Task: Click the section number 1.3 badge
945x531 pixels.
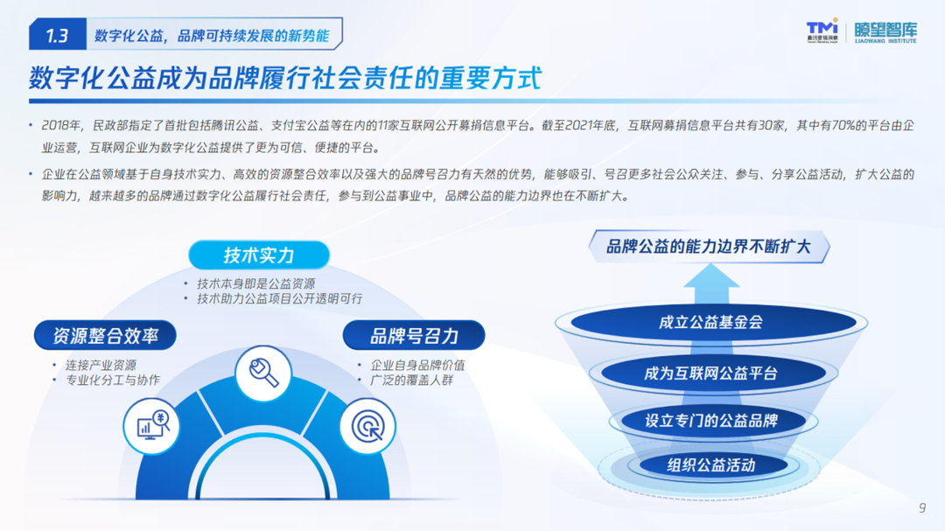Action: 57,34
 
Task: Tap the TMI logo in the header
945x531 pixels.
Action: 822,30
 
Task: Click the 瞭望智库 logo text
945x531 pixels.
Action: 885,32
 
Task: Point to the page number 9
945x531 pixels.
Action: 922,508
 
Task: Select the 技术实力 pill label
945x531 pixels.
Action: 259,255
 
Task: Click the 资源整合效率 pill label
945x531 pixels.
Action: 106,335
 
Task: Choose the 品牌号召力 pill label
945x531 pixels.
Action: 414,335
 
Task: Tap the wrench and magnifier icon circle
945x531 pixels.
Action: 263,374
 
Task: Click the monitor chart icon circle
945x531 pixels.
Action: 151,426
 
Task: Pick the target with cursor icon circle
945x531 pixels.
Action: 367,426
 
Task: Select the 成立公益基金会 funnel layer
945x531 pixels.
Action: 711,322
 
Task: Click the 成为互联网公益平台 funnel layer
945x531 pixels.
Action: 711,373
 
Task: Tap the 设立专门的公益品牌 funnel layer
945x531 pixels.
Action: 711,420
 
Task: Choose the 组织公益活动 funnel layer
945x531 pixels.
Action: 711,465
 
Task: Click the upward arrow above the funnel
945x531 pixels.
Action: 711,284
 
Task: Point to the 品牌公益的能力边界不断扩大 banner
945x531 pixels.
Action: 709,247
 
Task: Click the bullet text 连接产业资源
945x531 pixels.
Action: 101,366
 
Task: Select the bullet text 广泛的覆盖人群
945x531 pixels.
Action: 411,381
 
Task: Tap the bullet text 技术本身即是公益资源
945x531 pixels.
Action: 256,284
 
